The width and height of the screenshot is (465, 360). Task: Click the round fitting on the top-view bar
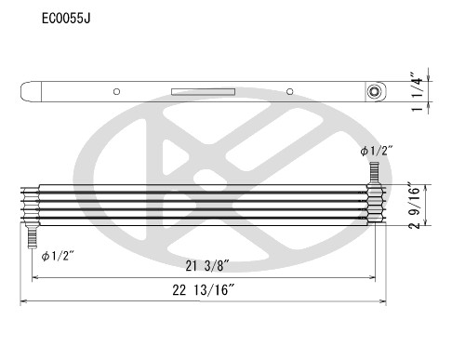click(x=375, y=91)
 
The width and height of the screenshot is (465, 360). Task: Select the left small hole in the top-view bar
click(x=115, y=91)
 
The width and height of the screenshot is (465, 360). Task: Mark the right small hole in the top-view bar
click(x=290, y=91)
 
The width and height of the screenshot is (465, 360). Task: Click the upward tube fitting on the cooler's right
click(x=376, y=172)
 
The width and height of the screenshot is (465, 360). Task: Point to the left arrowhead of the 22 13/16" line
click(x=25, y=302)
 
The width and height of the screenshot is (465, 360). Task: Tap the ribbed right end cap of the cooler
click(x=376, y=204)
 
